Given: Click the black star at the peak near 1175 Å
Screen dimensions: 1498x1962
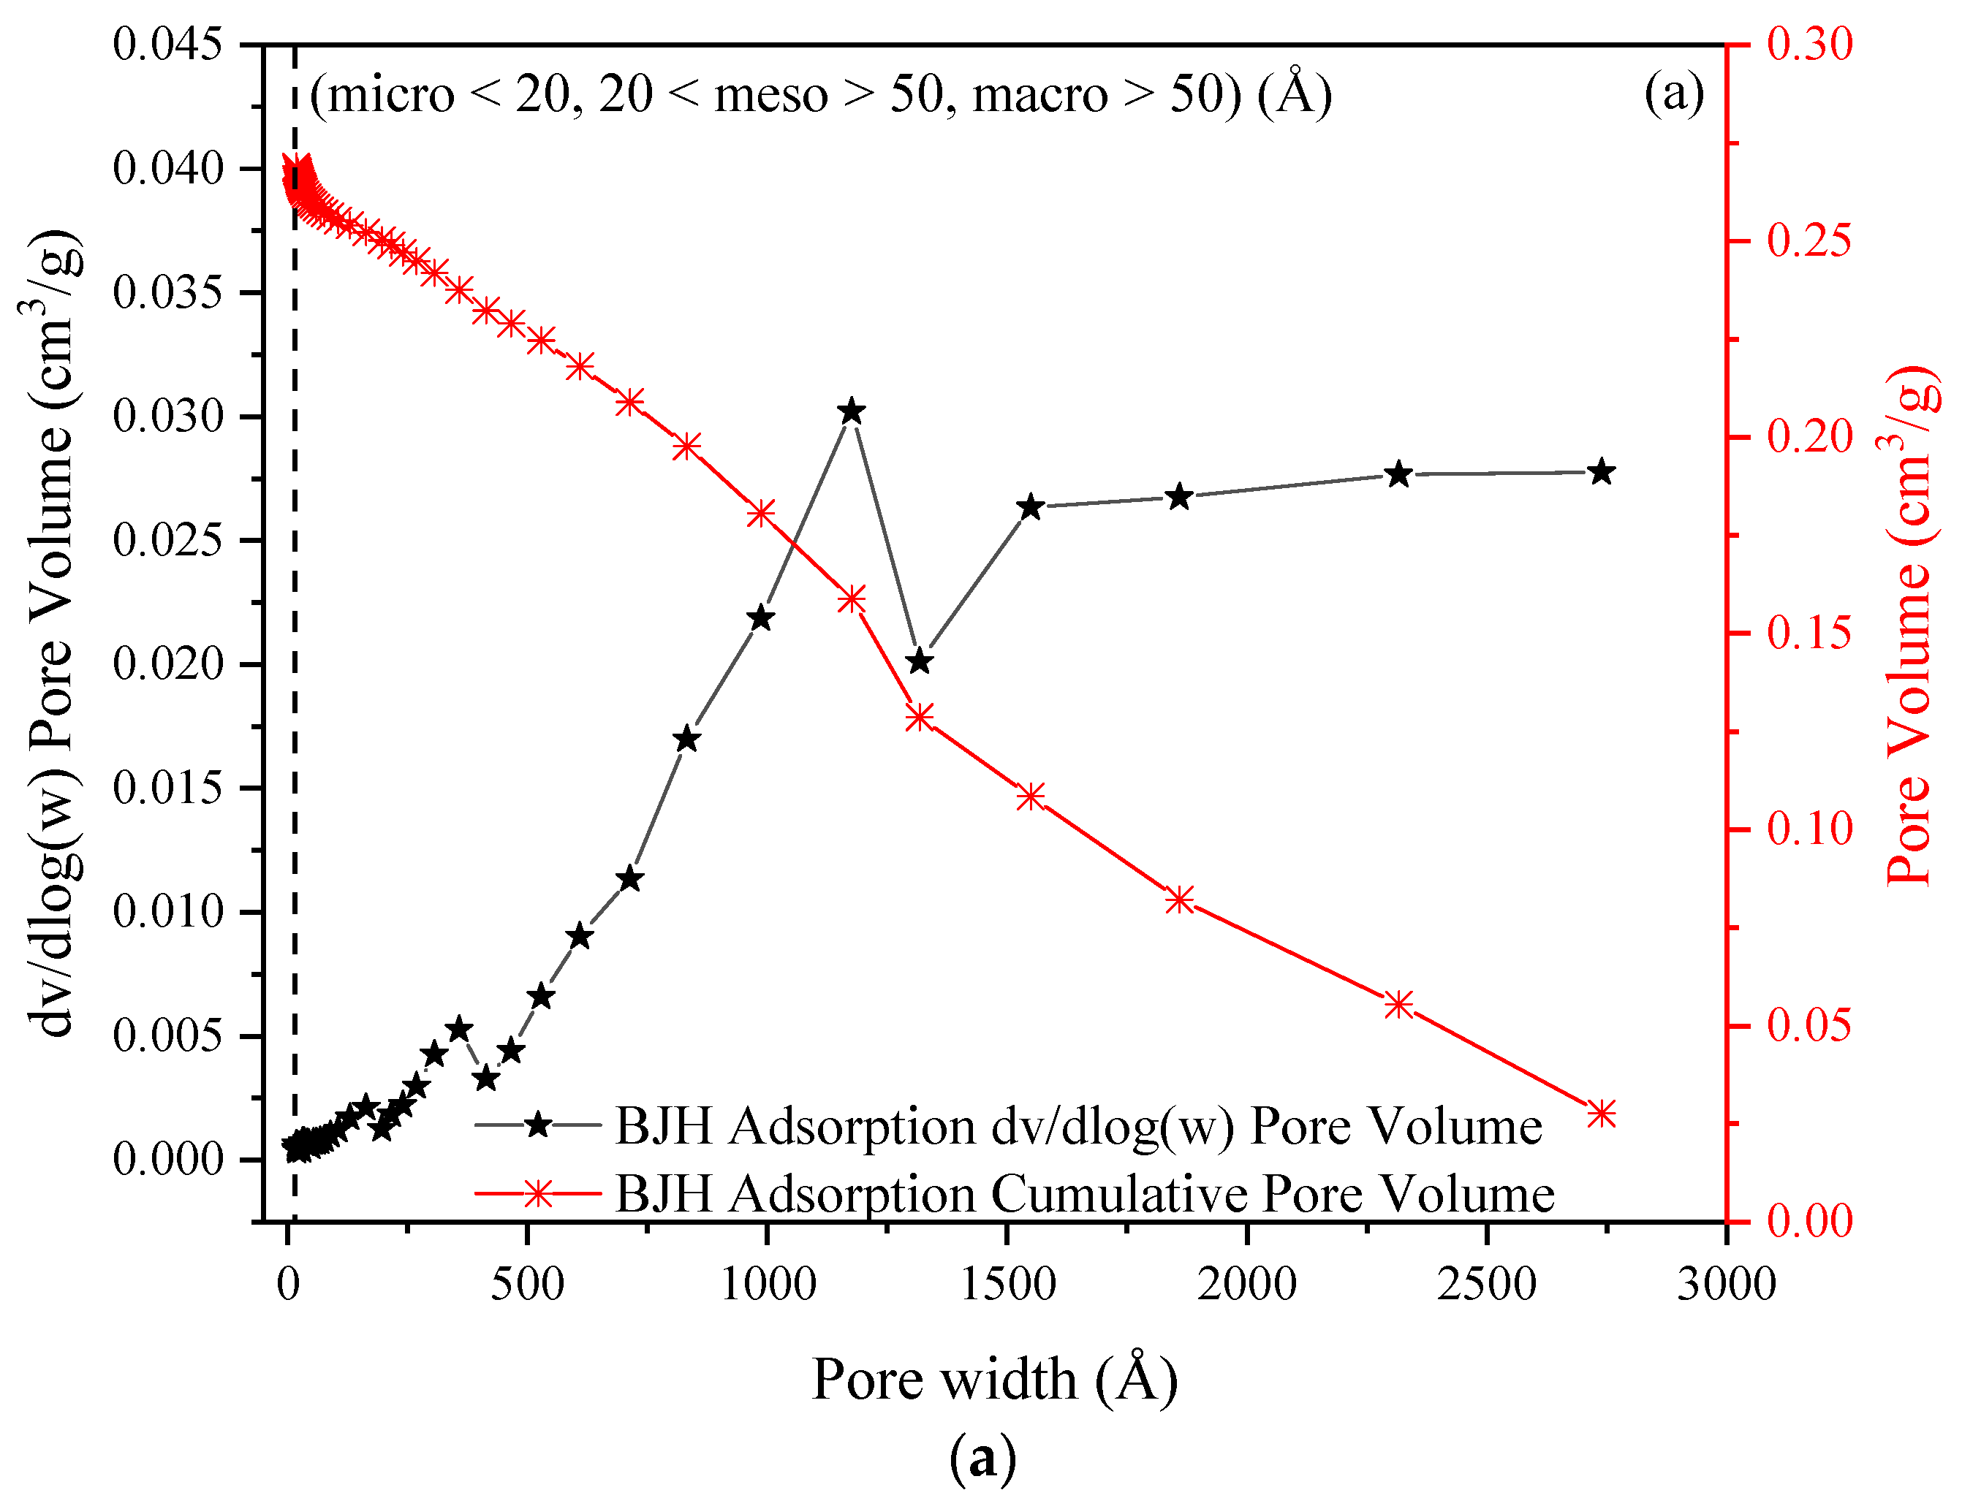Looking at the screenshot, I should pyautogui.click(x=851, y=412).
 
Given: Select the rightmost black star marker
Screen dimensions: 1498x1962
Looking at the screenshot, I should pyautogui.click(x=1602, y=472).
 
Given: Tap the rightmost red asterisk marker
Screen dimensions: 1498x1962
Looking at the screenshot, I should pyautogui.click(x=1602, y=1114).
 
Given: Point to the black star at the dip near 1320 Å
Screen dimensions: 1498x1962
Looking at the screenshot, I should pyautogui.click(x=920, y=661).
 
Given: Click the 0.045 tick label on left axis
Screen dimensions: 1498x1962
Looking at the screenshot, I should pyautogui.click(x=167, y=45).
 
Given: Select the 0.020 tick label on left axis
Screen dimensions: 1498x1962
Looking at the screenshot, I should pyautogui.click(x=167, y=664).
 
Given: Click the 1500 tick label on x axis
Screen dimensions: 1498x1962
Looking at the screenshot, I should pyautogui.click(x=1007, y=1285).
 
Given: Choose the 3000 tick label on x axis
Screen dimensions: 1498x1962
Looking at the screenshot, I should pyautogui.click(x=1726, y=1285).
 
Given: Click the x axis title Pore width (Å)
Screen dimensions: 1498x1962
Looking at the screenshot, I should pyautogui.click(x=994, y=1380).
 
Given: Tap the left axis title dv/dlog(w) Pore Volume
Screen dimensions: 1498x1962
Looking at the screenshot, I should pyautogui.click(x=53, y=633).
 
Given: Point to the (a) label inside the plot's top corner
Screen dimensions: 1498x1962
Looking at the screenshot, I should pyautogui.click(x=1674, y=93).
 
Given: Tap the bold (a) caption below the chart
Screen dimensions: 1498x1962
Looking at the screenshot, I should pyautogui.click(x=982, y=1457).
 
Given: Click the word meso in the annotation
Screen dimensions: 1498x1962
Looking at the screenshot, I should pyautogui.click(x=770, y=94).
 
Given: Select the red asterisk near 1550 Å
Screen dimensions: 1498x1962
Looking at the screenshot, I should pyautogui.click(x=1030, y=796).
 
